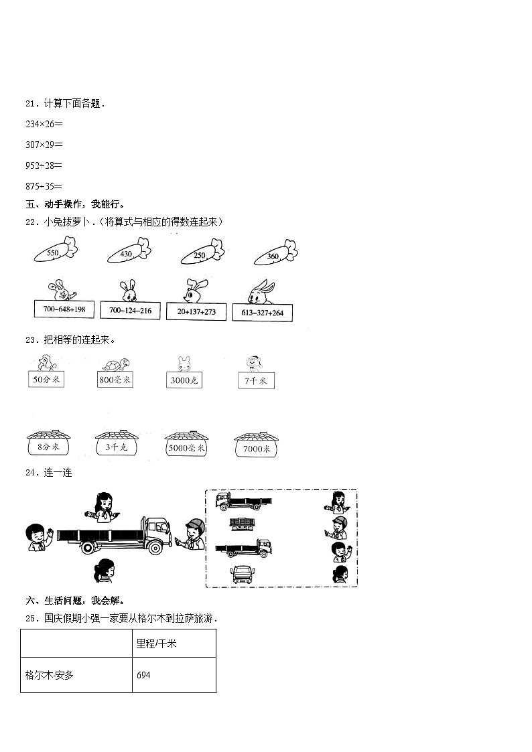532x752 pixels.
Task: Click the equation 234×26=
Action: [x=44, y=123]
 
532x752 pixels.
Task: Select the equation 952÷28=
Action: [x=44, y=165]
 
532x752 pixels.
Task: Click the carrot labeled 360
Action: [x=274, y=254]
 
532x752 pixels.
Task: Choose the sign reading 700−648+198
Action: [x=64, y=309]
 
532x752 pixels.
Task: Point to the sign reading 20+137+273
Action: [x=197, y=311]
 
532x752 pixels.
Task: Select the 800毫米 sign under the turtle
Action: [x=115, y=380]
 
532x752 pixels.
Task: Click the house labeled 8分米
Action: [x=48, y=446]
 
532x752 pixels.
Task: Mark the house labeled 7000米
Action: [x=257, y=447]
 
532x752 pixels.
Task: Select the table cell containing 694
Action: [x=174, y=674]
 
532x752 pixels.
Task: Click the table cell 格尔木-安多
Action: [x=76, y=674]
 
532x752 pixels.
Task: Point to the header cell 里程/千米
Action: [x=174, y=643]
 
